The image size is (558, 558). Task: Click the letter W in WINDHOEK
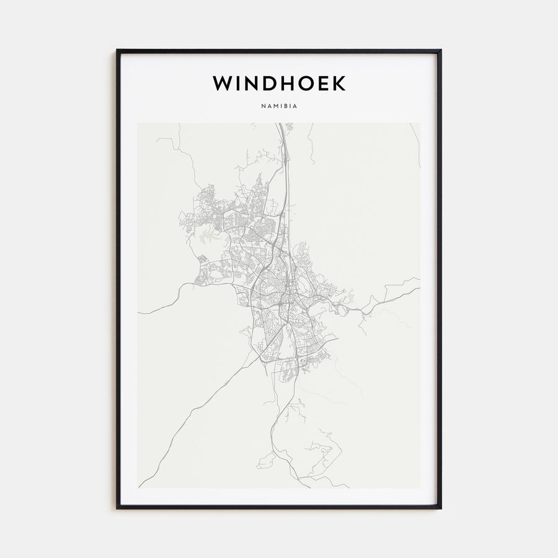coord(224,84)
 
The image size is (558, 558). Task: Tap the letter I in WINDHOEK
coord(242,84)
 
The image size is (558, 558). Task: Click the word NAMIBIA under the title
coord(279,106)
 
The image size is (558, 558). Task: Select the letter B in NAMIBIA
coord(285,106)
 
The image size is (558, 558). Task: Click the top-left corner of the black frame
coord(117,50)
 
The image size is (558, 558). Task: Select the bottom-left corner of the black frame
coord(117,508)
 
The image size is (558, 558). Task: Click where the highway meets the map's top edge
coord(280,123)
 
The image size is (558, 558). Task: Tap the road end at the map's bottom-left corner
coord(139,487)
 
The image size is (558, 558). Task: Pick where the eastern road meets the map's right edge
coord(419,286)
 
